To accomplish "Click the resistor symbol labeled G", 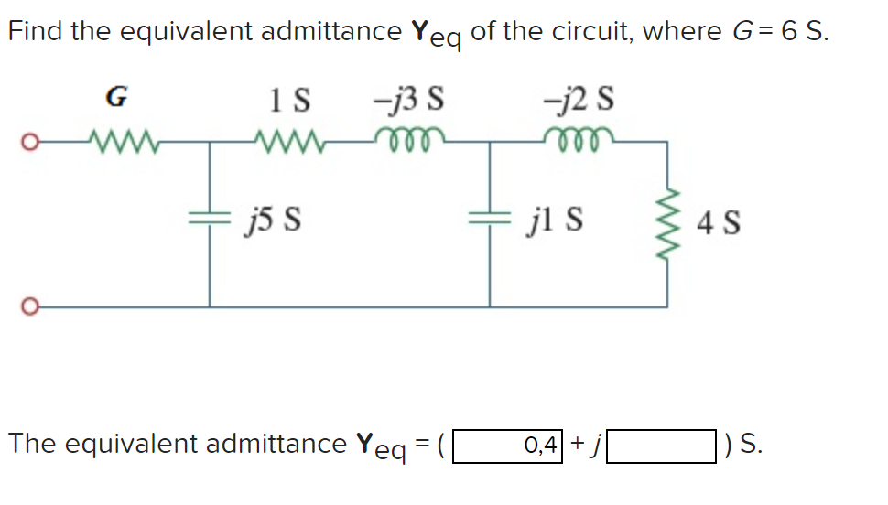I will coord(118,142).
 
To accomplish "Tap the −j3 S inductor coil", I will coord(403,140).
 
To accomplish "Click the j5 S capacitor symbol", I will coord(210,220).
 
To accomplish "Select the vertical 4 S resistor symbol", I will coord(665,220).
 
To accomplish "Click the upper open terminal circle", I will coord(30,143).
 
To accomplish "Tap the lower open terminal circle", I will coord(30,306).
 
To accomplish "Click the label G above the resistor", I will coord(117,94).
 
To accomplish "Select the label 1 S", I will coord(291,96).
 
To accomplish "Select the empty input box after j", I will coord(661,446).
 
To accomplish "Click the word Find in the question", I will coord(36,31).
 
